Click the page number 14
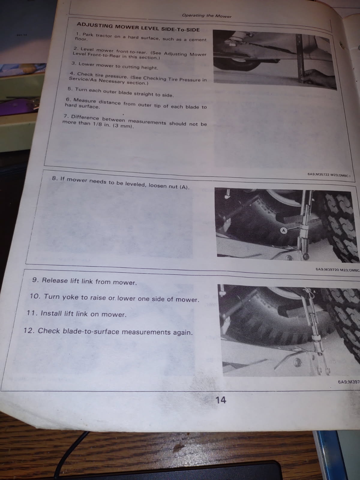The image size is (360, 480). tap(221, 400)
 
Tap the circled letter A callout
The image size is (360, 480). tap(284, 230)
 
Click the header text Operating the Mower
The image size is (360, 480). tap(207, 16)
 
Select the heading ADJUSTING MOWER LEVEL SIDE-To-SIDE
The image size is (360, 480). tap(138, 27)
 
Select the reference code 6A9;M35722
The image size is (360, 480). tap(318, 175)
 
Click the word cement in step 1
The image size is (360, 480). tap(198, 40)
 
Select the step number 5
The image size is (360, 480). tap(70, 89)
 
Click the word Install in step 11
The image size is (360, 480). tap(51, 313)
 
